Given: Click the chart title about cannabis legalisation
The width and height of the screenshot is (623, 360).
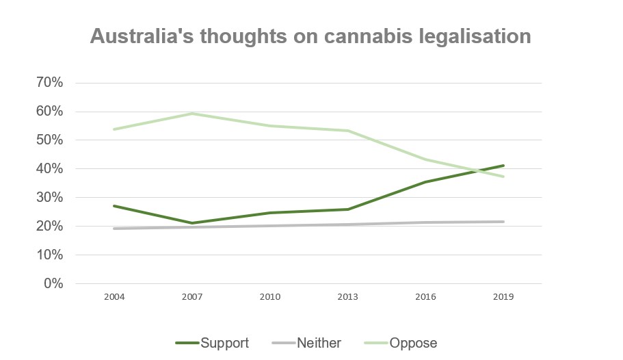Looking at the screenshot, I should coord(310,36).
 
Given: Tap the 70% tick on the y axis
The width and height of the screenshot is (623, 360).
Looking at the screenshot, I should coord(49,83).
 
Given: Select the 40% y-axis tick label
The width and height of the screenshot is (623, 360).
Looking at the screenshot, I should coord(49,169).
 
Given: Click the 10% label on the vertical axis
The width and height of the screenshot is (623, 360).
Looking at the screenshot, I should coord(49,255).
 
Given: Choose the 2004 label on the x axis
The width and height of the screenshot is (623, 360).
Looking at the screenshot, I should coord(114,298).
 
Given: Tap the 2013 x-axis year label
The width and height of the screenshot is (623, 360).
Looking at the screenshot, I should coord(347,298).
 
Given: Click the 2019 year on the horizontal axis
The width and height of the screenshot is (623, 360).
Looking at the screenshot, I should coord(503,298).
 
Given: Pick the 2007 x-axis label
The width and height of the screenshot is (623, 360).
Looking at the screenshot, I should coord(191,298).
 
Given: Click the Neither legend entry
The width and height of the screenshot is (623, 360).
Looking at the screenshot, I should coord(308,342).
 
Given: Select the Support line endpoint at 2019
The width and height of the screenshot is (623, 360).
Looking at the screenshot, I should coord(503,166).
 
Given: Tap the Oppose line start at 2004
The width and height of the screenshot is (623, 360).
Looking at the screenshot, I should coord(114,129).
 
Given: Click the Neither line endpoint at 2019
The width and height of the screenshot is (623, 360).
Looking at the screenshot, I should coord(503,222).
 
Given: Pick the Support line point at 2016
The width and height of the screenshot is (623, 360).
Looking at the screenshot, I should coord(425,182).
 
